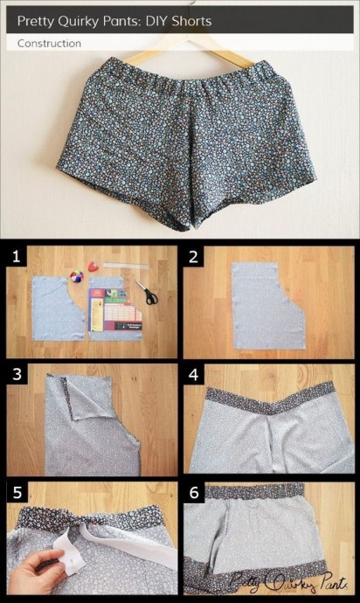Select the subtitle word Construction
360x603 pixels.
49,44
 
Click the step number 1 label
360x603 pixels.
16,256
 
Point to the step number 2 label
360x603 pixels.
193,257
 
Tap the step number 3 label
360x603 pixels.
17,374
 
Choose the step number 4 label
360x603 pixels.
194,375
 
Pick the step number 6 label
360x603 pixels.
194,493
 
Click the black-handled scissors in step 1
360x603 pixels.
147,293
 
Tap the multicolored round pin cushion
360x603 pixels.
77,276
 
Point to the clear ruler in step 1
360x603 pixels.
126,266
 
